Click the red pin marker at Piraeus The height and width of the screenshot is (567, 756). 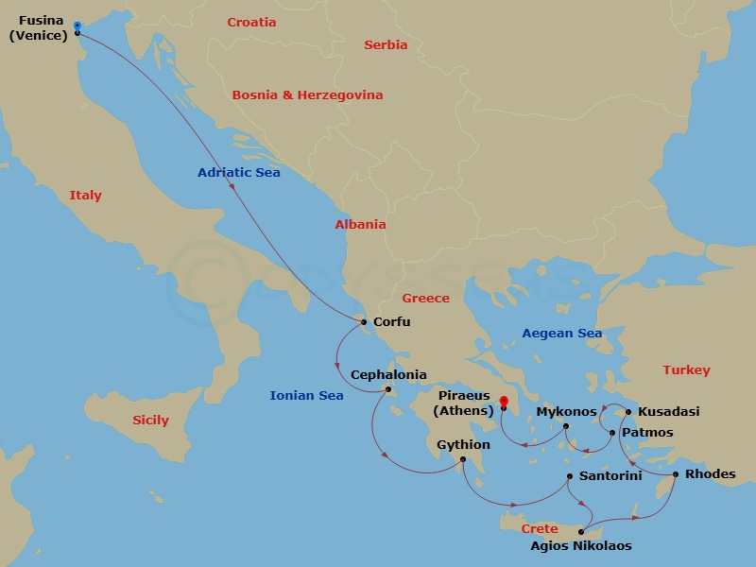pyautogui.click(x=504, y=402)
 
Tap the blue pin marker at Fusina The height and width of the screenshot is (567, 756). pyautogui.click(x=77, y=26)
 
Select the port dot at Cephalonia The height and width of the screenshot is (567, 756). pyautogui.click(x=387, y=389)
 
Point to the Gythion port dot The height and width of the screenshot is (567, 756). pyautogui.click(x=462, y=460)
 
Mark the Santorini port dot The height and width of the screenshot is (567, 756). pyautogui.click(x=569, y=476)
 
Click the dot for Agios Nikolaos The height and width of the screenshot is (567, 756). pyautogui.click(x=581, y=532)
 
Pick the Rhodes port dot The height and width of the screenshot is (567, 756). pyautogui.click(x=675, y=474)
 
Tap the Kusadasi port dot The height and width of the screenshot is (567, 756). pyautogui.click(x=628, y=412)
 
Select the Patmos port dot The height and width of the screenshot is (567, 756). pyautogui.click(x=612, y=433)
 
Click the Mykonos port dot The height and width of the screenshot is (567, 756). pyautogui.click(x=566, y=426)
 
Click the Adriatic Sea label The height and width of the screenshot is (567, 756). pyautogui.click(x=238, y=173)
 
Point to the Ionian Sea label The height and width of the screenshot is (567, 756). pyautogui.click(x=306, y=396)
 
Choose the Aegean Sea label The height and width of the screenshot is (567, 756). pyautogui.click(x=562, y=334)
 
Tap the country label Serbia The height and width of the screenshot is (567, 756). pyautogui.click(x=386, y=44)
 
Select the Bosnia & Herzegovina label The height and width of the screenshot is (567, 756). pyautogui.click(x=307, y=95)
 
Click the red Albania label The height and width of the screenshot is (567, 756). pyautogui.click(x=360, y=225)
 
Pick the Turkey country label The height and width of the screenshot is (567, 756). pyautogui.click(x=686, y=370)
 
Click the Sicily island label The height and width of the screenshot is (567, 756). pyautogui.click(x=150, y=421)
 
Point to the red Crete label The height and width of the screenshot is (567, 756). pyautogui.click(x=540, y=529)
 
